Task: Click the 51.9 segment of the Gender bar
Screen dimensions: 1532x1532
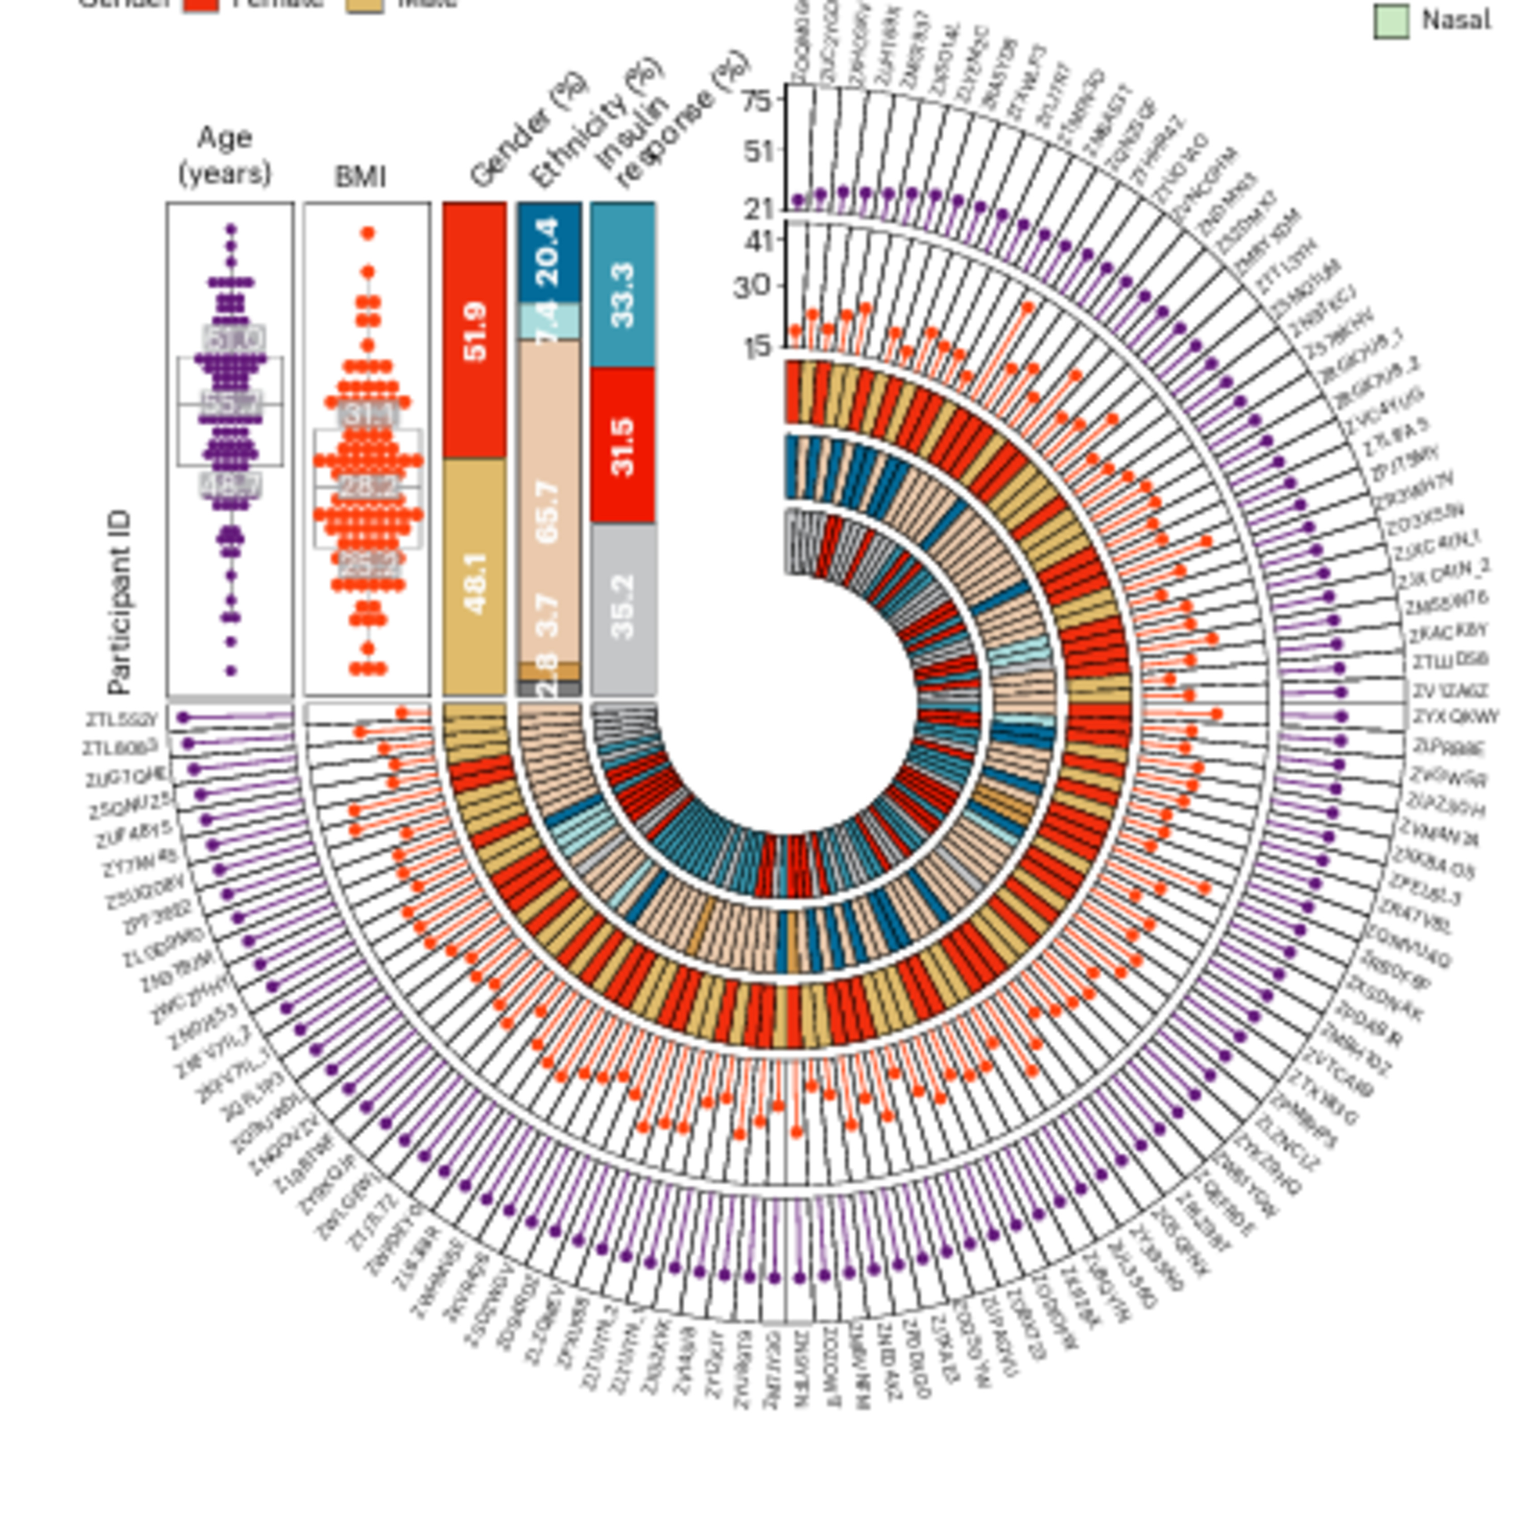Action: tap(474, 331)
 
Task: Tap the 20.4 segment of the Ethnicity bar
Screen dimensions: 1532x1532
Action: tap(549, 252)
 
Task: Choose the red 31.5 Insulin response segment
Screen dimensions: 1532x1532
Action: tap(623, 446)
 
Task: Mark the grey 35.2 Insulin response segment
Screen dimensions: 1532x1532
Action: tap(623, 607)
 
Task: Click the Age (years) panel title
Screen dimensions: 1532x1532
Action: tap(225, 155)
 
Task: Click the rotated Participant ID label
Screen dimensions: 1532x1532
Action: tap(119, 603)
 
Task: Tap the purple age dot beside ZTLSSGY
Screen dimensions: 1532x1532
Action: tap(183, 717)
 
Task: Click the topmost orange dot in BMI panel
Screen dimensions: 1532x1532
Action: tap(368, 233)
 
